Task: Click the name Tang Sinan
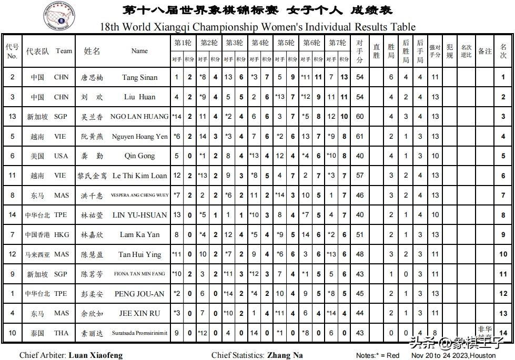coord(139,78)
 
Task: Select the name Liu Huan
coord(139,97)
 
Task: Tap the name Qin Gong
coord(139,156)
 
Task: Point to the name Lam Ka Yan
coord(139,234)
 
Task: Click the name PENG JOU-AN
coord(139,294)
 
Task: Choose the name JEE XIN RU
coord(139,313)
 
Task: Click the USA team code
coord(61,156)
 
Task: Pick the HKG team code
coord(61,234)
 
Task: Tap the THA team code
coord(61,333)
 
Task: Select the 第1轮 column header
coord(183,43)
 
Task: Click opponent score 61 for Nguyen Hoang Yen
coord(360,137)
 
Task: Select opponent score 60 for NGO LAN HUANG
coord(360,117)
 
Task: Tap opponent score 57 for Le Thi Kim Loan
coord(360,176)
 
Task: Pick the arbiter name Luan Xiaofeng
coord(95,355)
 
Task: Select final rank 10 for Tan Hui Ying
coord(503,254)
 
